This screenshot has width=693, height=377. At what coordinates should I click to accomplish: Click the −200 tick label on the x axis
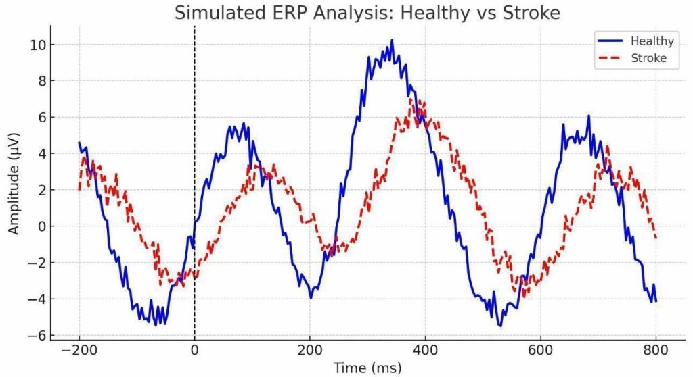click(x=79, y=350)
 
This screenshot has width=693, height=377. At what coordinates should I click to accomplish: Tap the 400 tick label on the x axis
click(x=424, y=350)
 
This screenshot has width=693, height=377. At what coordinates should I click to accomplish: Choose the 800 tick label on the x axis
click(x=655, y=350)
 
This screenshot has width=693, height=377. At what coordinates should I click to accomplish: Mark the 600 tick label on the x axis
click(x=540, y=350)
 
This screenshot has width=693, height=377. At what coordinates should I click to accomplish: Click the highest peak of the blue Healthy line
click(x=391, y=41)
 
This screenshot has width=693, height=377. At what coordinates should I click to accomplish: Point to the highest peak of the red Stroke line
click(x=411, y=99)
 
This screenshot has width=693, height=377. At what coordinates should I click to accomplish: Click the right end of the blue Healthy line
click(x=655, y=301)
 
